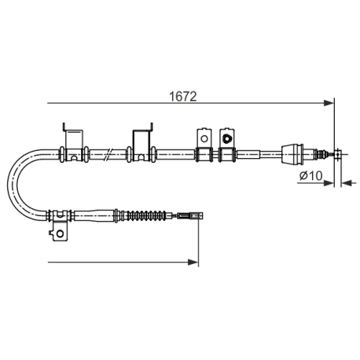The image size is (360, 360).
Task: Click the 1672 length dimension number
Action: click(183, 97)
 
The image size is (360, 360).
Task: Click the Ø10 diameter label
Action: click(311, 175)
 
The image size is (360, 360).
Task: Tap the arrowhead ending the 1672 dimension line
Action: click(329, 103)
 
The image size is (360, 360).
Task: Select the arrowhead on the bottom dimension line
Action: click(193, 262)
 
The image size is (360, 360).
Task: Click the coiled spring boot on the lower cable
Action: click(146, 215)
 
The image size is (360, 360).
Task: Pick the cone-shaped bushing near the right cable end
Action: click(292, 153)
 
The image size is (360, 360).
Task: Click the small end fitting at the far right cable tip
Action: click(338, 154)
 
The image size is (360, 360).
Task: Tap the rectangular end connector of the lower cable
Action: click(190, 216)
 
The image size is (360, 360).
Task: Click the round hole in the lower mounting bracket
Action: click(61, 233)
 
